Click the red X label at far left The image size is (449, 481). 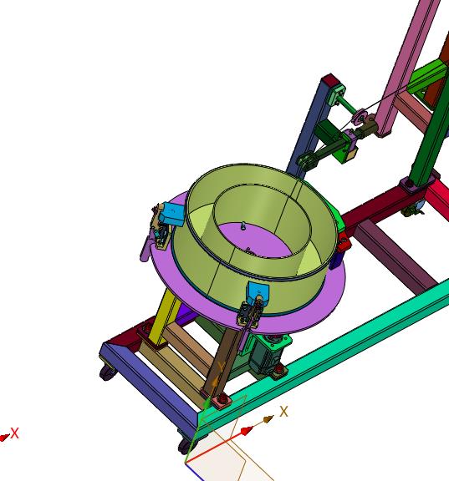(x=15, y=433)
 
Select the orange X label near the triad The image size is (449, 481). (x=284, y=412)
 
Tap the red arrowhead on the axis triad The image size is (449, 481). (x=245, y=431)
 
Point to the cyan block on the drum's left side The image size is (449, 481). (x=172, y=213)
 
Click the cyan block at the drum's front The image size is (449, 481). (x=258, y=292)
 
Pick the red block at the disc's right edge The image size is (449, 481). (x=344, y=241)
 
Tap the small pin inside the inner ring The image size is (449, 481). (x=243, y=226)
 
